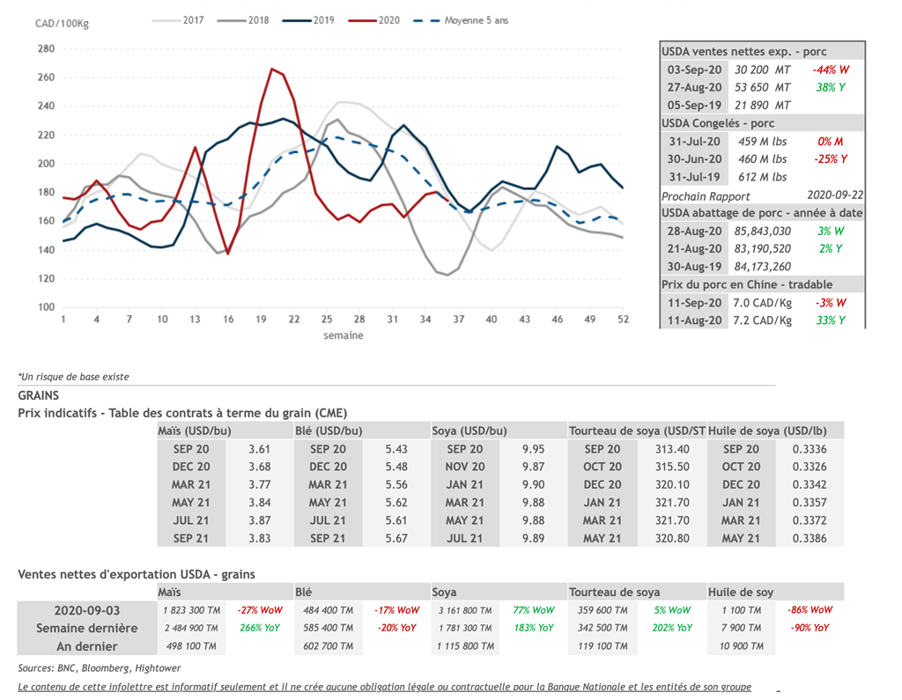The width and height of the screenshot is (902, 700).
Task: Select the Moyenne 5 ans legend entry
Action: tap(476, 19)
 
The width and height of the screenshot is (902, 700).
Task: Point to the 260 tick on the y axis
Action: tap(46, 77)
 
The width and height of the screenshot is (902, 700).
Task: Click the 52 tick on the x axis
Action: tap(623, 319)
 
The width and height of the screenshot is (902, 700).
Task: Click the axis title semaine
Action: tap(343, 335)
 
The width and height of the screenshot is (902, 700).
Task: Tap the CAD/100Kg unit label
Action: tap(62, 23)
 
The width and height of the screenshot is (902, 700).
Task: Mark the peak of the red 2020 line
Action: tap(272, 69)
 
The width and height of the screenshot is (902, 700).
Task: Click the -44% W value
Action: tap(832, 70)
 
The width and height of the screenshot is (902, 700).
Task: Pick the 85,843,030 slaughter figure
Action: tap(763, 231)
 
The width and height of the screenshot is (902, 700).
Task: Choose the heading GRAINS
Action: tap(38, 396)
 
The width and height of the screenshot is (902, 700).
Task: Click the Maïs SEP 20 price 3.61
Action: tap(259, 449)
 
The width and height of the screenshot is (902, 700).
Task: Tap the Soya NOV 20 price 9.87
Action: tap(533, 467)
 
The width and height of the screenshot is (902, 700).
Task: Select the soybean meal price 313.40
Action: tap(672, 449)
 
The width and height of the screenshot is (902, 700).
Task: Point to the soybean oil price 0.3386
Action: tap(810, 538)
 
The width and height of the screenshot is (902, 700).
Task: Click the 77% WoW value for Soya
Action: tap(533, 609)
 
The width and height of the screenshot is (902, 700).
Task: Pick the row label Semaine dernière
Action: tap(86, 628)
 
